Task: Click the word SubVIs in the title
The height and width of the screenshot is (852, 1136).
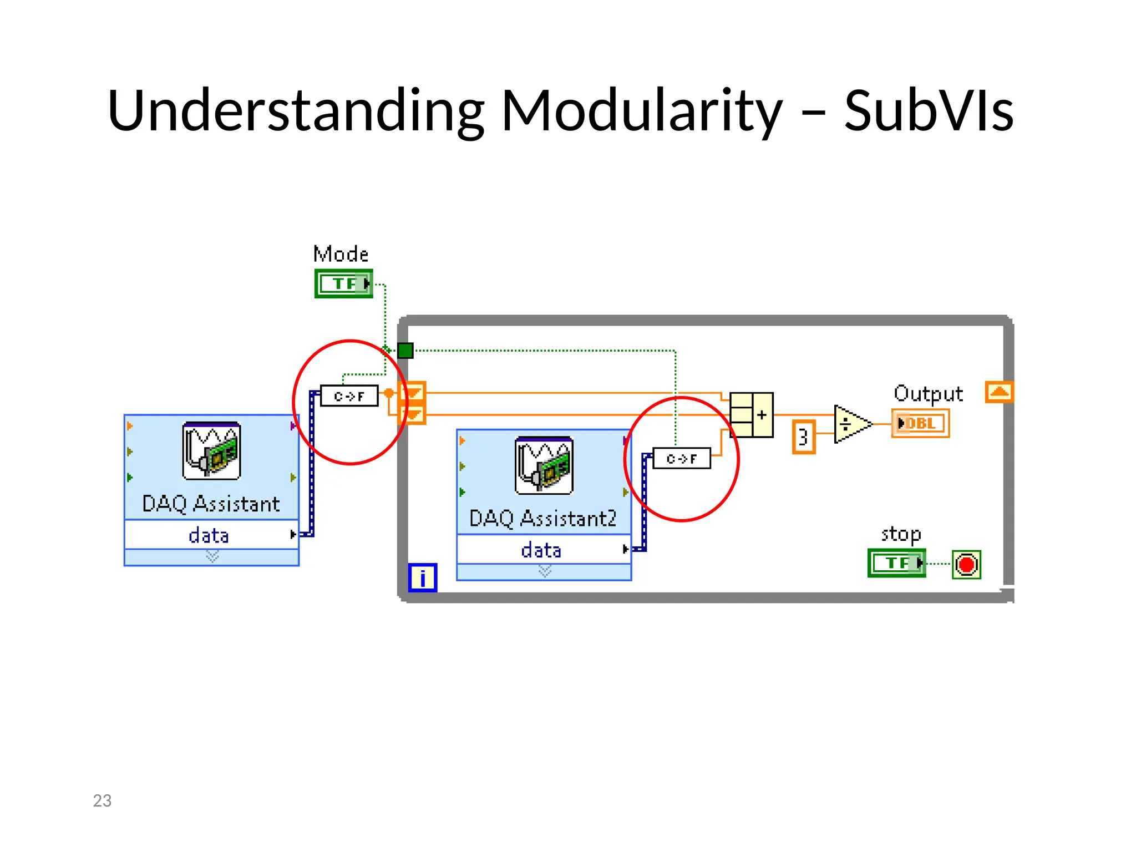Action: tap(929, 111)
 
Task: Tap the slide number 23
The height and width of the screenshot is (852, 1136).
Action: tap(102, 800)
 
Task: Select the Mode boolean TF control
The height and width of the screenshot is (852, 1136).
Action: tap(343, 283)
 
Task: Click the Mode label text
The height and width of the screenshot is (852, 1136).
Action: tap(341, 254)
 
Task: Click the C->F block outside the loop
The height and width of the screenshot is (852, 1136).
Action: tap(349, 396)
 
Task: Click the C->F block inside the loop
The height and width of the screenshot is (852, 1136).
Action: tap(681, 459)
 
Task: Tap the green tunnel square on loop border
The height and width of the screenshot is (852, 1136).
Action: tap(405, 351)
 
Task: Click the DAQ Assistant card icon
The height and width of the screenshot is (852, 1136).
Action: tap(211, 450)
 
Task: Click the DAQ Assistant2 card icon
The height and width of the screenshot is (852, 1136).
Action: tap(544, 465)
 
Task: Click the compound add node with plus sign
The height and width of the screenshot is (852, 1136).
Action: tap(752, 415)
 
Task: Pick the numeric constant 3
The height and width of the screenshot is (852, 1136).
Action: tap(803, 437)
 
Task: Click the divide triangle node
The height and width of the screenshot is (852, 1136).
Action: tap(851, 424)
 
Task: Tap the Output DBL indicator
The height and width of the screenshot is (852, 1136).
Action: tap(920, 423)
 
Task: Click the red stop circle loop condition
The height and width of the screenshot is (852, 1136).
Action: tap(966, 565)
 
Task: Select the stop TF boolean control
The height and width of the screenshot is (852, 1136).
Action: tap(896, 563)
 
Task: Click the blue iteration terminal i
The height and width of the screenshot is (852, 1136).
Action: tap(423, 577)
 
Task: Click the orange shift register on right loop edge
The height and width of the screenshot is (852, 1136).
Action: tap(999, 392)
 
